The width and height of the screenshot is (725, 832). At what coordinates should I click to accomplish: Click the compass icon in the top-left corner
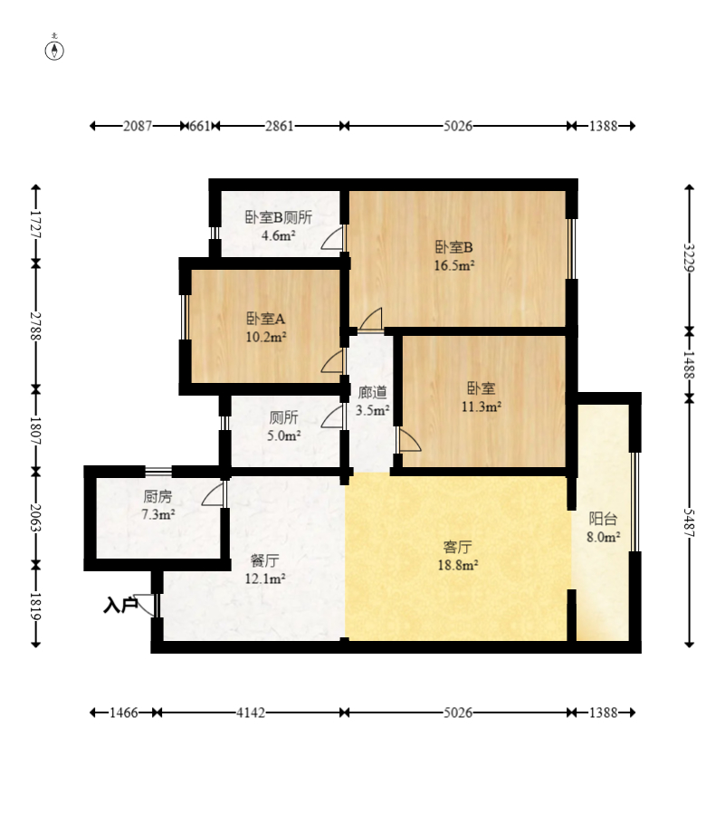(x=54, y=50)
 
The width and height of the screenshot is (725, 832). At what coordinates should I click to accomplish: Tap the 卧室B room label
(x=453, y=247)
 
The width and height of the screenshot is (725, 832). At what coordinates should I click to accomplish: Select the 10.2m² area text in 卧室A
(x=266, y=337)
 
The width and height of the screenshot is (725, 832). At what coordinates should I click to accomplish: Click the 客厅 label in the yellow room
(x=457, y=547)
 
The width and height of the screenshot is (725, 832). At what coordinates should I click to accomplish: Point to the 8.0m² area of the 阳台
(x=604, y=537)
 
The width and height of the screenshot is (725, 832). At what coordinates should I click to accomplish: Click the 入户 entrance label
(x=120, y=605)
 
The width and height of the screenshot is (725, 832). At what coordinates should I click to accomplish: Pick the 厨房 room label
(x=158, y=497)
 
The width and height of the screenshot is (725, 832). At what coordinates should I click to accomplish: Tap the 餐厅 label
(x=264, y=560)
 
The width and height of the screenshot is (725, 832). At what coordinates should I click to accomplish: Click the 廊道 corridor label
(x=372, y=393)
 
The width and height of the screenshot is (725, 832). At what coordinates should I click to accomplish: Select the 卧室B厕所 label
(x=279, y=217)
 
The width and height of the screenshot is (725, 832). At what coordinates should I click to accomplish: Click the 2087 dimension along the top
(x=138, y=126)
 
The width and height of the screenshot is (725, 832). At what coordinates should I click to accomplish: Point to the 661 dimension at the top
(x=200, y=126)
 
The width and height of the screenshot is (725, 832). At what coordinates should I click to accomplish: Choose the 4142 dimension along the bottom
(x=251, y=712)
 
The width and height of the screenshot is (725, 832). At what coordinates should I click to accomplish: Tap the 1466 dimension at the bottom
(x=124, y=712)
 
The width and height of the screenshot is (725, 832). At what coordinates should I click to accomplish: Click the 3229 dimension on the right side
(x=689, y=257)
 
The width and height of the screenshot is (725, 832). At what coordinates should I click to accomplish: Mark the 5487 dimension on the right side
(x=689, y=522)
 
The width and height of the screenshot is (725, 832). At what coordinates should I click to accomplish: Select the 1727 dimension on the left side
(x=35, y=224)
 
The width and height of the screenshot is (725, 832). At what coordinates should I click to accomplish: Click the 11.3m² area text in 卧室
(x=482, y=407)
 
